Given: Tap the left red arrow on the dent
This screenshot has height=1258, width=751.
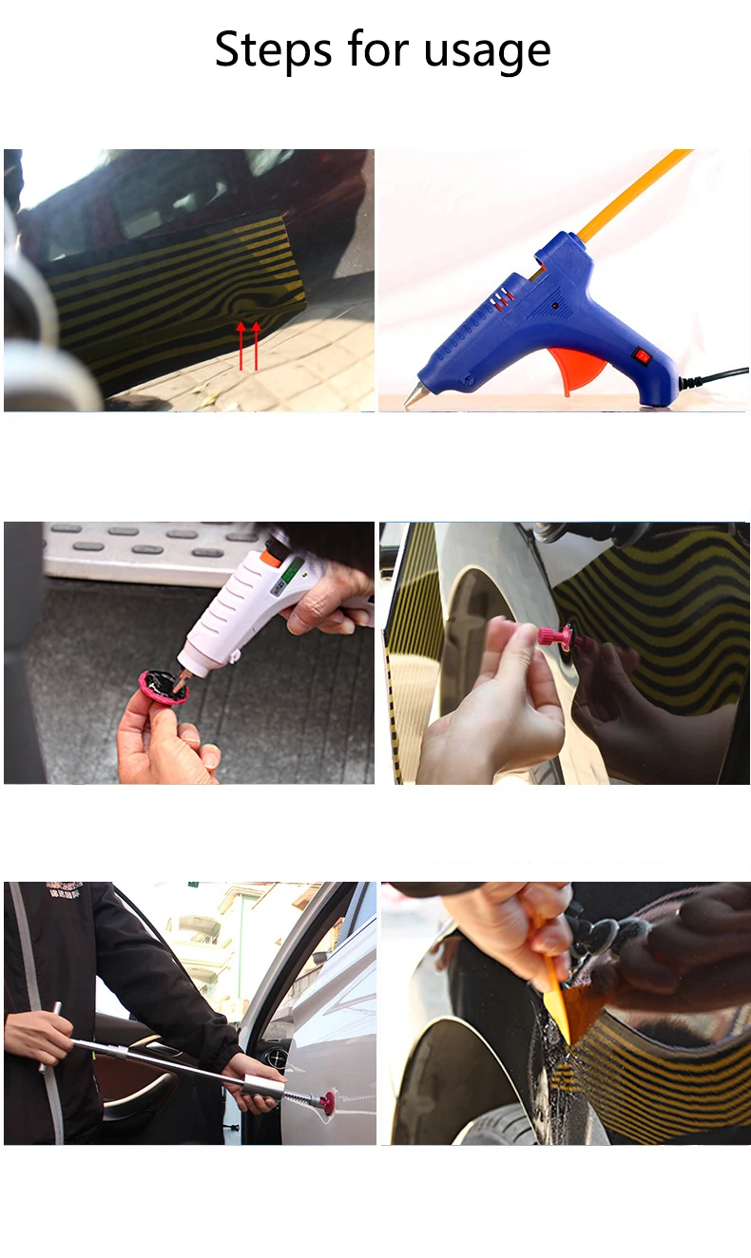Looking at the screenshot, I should pos(241,345).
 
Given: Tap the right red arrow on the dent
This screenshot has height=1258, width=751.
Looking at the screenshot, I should pos(256,345).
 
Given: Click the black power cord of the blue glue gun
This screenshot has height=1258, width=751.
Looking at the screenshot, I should pos(713,378).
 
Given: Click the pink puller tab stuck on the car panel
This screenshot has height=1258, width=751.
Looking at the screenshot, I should pos(553,636).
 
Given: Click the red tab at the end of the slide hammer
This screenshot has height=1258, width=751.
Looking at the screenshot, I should pos(326,1103).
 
